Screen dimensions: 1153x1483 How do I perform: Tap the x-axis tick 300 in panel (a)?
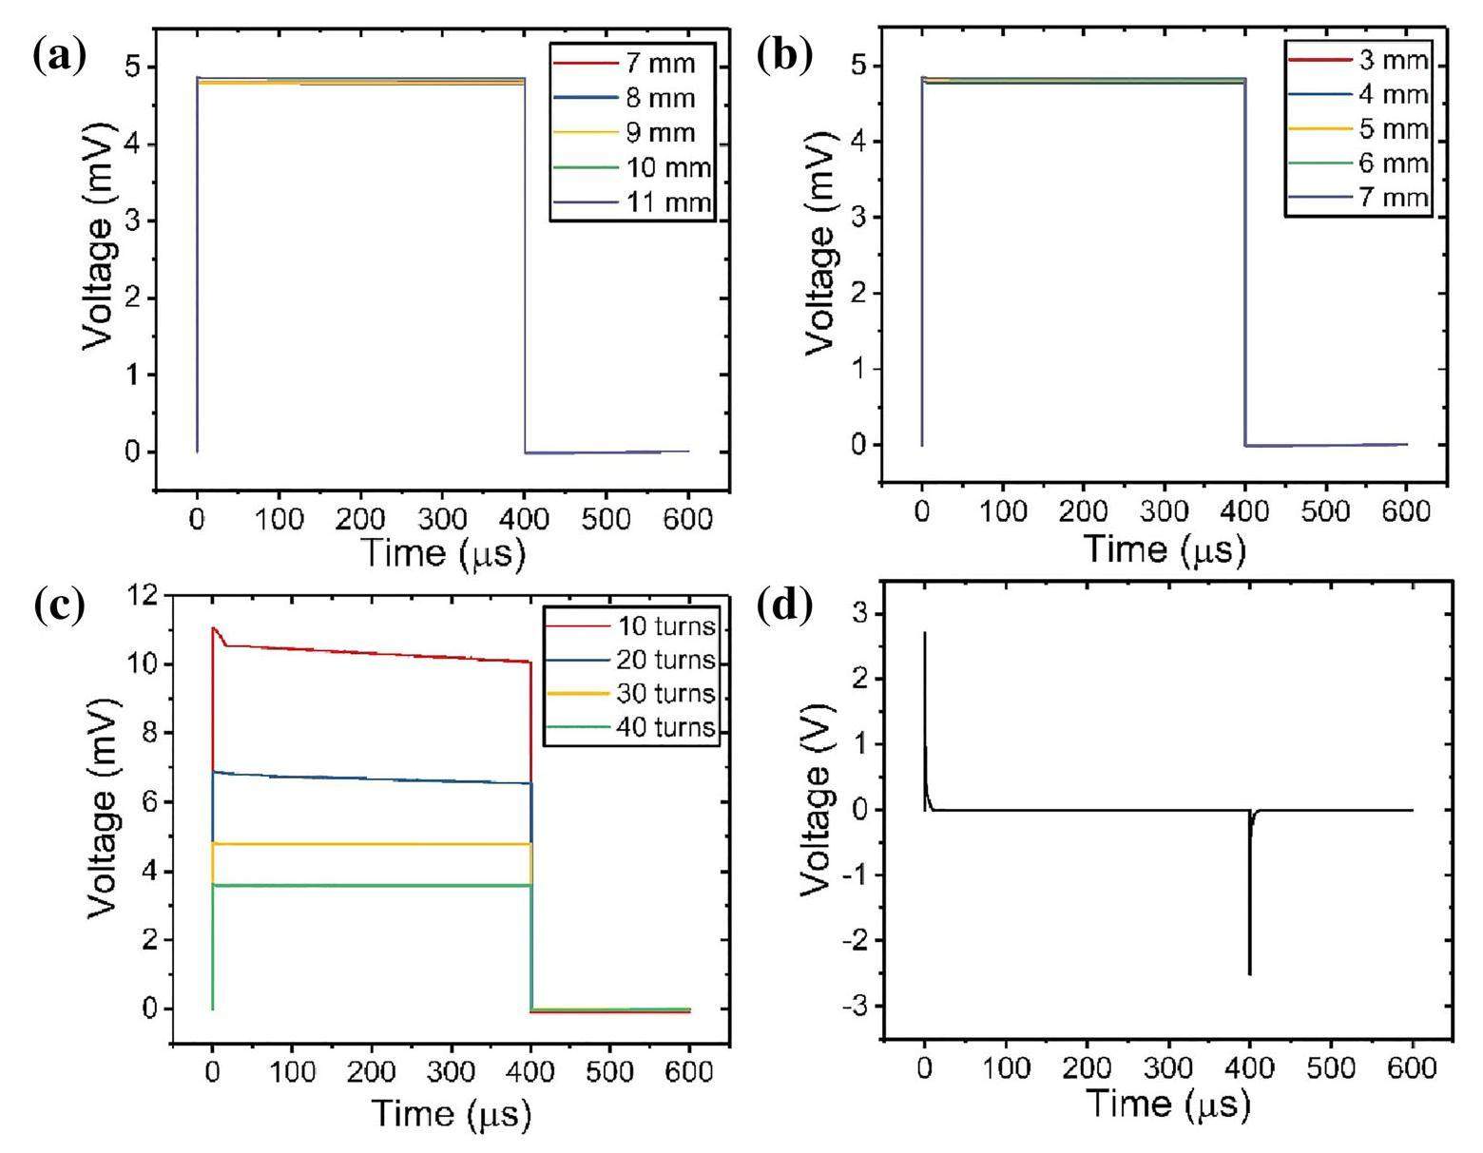[442, 519]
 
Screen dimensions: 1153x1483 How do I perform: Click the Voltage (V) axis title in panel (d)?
[815, 799]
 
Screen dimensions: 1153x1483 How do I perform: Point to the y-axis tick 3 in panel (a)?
[130, 221]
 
